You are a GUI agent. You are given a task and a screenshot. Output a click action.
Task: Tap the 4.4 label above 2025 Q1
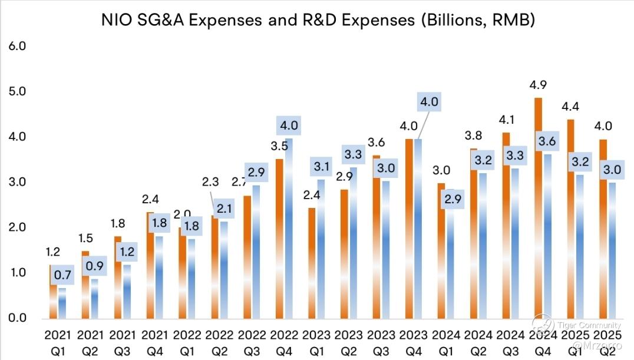tap(571, 108)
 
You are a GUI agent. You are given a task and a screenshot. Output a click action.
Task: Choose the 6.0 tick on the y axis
tap(18, 47)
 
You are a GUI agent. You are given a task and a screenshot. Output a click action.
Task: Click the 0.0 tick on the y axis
tap(18, 318)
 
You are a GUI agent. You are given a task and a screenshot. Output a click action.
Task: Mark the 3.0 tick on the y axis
tap(18, 182)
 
